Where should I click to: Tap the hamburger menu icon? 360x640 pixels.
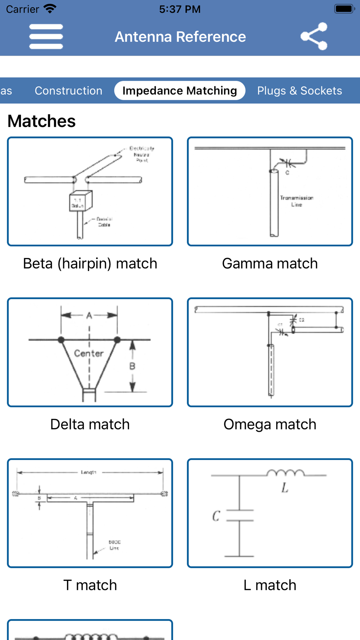(x=46, y=36)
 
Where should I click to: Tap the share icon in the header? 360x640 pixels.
(x=314, y=36)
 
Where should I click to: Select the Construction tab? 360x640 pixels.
(x=68, y=91)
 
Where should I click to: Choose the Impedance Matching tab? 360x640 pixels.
(x=180, y=91)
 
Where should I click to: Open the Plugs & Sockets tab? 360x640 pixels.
(x=300, y=91)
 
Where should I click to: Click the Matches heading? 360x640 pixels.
(x=41, y=121)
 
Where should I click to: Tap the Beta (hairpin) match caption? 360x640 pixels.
(x=90, y=263)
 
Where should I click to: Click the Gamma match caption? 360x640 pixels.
(x=270, y=263)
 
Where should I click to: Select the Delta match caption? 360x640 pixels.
(x=90, y=424)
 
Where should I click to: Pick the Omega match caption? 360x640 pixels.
(x=270, y=424)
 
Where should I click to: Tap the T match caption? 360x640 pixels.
(x=90, y=585)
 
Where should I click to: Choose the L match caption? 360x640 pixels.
(x=270, y=585)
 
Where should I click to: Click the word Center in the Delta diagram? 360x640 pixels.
(x=89, y=353)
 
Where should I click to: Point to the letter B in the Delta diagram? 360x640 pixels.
(x=132, y=366)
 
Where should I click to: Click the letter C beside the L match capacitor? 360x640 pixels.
(x=216, y=516)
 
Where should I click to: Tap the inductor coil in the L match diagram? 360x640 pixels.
(x=285, y=473)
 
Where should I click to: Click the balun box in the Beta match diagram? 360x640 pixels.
(x=80, y=201)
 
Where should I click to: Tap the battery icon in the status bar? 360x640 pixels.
(x=345, y=9)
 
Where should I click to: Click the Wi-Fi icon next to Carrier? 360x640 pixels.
(x=50, y=9)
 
